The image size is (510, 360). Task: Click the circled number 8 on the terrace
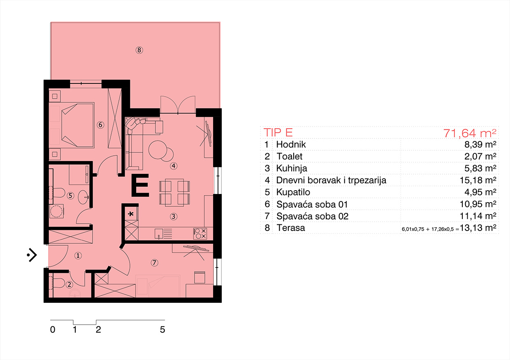[x=139, y=50]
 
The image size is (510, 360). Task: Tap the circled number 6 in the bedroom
[x=100, y=125]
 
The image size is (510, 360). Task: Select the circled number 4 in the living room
[x=174, y=166]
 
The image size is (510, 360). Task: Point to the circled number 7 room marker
[x=154, y=263]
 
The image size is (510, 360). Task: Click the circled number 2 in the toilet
[x=69, y=284]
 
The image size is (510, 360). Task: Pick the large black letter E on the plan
[x=140, y=185]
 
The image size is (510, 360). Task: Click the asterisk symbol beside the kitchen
[x=131, y=214]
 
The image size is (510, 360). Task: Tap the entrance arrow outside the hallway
[x=32, y=255]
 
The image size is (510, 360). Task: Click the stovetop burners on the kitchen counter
[x=200, y=233]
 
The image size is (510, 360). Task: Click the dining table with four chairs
[x=174, y=192]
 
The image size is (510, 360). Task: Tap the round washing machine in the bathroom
[x=56, y=211]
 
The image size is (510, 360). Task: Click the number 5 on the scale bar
[x=162, y=330]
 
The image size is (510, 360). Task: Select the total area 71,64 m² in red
[x=469, y=133]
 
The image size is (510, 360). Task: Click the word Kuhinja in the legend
[x=292, y=168]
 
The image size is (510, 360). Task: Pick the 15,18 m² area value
[x=478, y=180]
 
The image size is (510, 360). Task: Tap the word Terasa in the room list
[x=291, y=228]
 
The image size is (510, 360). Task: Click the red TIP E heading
[x=278, y=132]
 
